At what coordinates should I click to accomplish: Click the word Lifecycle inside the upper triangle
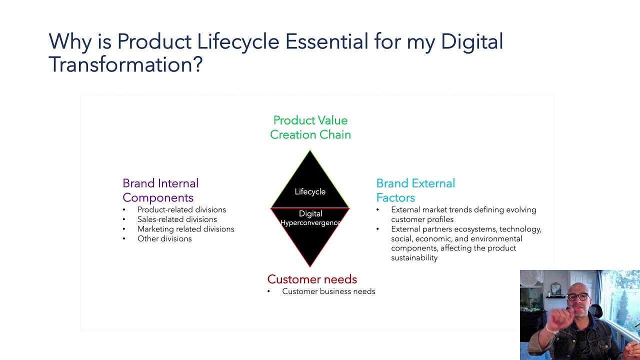[x=310, y=191]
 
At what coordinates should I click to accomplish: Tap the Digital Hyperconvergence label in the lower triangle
[x=310, y=218]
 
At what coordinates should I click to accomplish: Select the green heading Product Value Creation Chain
[x=310, y=127]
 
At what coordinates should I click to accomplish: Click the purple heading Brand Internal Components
[x=160, y=190]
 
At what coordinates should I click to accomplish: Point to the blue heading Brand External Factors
[x=415, y=190]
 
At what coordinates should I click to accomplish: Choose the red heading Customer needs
[x=312, y=279]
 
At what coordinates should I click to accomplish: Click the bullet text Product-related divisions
[x=181, y=209]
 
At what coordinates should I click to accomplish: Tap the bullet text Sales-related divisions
[x=177, y=219]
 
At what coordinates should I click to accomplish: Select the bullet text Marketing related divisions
[x=185, y=229]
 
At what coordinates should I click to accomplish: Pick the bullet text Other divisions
[x=164, y=238]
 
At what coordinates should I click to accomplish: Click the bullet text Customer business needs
[x=328, y=291]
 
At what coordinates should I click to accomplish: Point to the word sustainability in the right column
[x=414, y=258]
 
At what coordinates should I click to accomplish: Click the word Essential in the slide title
[x=326, y=41]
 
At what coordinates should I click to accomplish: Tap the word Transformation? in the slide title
[x=125, y=64]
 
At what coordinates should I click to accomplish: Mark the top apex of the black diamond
[x=310, y=151]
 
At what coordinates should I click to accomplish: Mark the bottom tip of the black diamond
[x=310, y=266]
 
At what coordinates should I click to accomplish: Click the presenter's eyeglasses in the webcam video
[x=577, y=297]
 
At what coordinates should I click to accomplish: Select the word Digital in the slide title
[x=471, y=41]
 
